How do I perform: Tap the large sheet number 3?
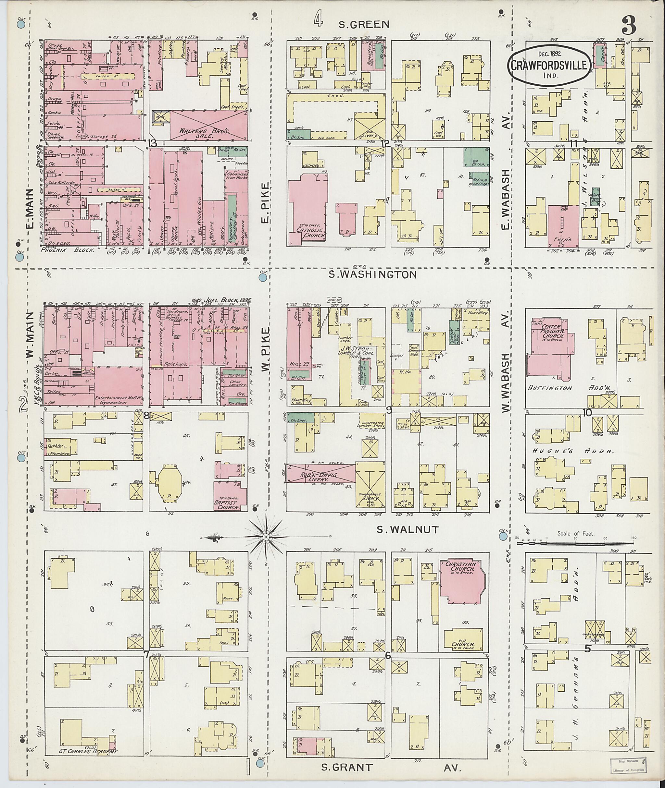coord(629,26)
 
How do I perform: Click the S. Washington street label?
coord(372,274)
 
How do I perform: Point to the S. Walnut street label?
coord(408,529)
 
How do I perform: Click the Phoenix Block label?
coord(68,250)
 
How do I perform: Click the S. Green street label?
coord(363,24)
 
